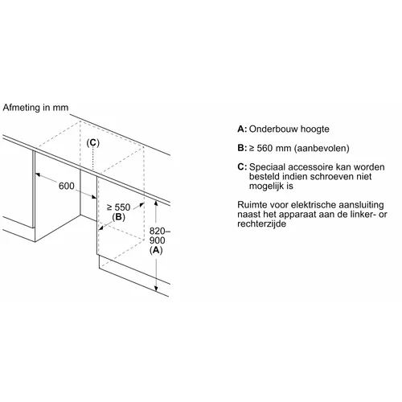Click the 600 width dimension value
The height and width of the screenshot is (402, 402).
[x=67, y=186]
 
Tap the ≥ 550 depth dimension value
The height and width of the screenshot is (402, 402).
[x=118, y=207]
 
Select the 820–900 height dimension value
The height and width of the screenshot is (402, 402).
[x=160, y=236]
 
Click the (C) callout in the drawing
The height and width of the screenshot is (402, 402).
[x=92, y=143]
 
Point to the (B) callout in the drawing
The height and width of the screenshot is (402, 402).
[x=118, y=217]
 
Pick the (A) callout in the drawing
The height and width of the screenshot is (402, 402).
[x=156, y=250]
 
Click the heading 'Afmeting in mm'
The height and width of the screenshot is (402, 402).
[x=35, y=108]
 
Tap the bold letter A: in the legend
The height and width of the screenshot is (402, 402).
[x=242, y=129]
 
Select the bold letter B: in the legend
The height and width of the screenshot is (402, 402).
[x=242, y=148]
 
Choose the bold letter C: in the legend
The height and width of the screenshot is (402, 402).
[x=242, y=167]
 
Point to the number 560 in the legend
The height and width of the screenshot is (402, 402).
[x=265, y=148]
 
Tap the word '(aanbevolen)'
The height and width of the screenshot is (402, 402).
[x=322, y=148]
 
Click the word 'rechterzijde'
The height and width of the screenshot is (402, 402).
[x=261, y=224]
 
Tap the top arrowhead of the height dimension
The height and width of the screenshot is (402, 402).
[x=156, y=203]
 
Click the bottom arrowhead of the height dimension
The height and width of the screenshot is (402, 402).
[x=156, y=289]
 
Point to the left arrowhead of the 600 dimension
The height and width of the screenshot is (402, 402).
[x=38, y=174]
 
